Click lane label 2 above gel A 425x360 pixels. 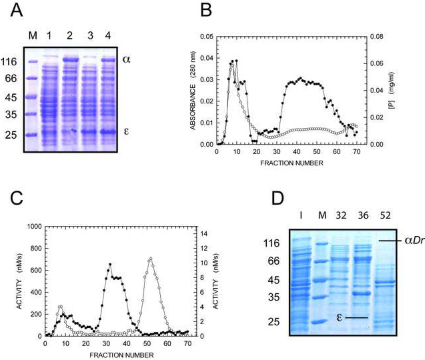point(70,36)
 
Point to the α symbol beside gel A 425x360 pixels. point(126,59)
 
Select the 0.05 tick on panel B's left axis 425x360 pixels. point(207,37)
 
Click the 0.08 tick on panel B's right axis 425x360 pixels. point(377,37)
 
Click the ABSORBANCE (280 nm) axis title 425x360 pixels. point(193,90)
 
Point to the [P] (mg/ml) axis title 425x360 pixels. point(393,90)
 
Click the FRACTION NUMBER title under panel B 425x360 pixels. point(292,163)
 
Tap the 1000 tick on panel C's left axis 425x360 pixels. point(35,226)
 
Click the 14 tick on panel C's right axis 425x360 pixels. point(204,234)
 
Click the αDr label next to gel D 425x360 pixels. point(414,241)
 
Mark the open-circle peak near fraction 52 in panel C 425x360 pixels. point(151,258)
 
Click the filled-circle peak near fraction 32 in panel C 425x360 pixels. point(110,264)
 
